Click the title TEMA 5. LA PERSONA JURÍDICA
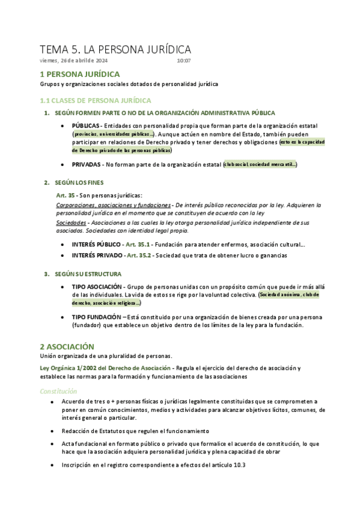115,49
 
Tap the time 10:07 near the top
184,61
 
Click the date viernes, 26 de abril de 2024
74,61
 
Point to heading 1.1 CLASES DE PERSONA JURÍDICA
95,100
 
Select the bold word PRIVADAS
86,164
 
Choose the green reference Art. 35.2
140,256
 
